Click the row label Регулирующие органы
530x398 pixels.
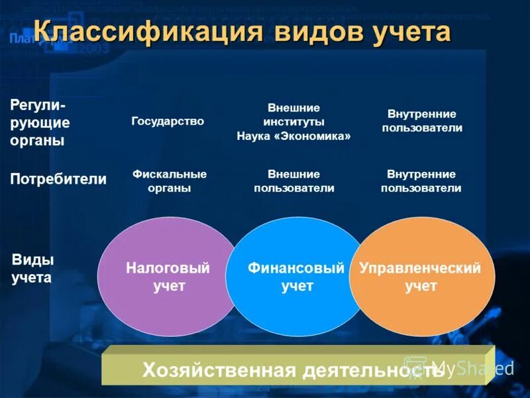click(x=40, y=123)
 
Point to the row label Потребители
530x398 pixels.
click(x=58, y=179)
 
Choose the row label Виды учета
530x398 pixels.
click(x=32, y=269)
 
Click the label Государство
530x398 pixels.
click(x=168, y=121)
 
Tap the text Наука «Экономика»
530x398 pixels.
click(x=293, y=136)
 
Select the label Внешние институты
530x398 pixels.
click(x=293, y=115)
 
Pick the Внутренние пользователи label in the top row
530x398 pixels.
click(x=422, y=121)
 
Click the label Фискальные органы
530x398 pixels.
click(x=170, y=181)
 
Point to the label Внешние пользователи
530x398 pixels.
click(x=293, y=181)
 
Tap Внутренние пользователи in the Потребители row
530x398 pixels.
click(x=421, y=181)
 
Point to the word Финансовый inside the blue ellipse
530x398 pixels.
click(x=296, y=269)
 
